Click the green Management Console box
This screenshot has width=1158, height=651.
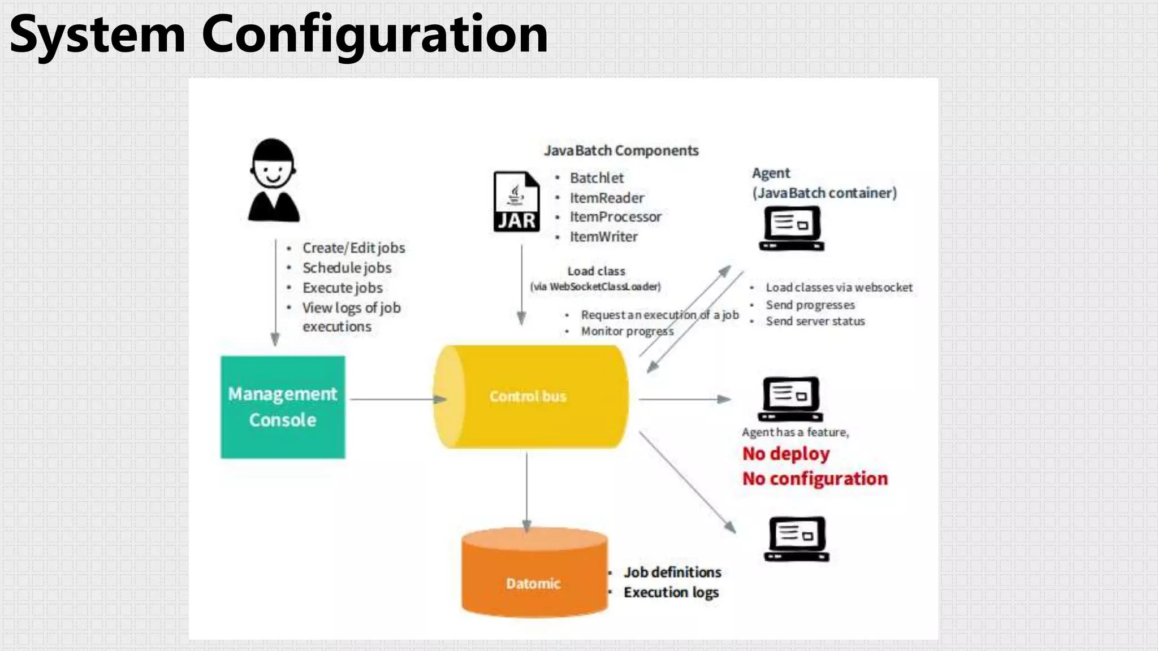(283, 407)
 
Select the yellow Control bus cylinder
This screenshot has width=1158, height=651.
(530, 397)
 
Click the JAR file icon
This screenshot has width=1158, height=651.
(516, 202)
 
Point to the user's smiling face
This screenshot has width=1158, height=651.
(273, 170)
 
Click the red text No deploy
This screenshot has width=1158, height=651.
(786, 454)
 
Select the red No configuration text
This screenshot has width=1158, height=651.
(815, 479)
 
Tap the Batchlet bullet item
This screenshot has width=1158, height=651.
(597, 178)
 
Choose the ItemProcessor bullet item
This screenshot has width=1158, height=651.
(615, 217)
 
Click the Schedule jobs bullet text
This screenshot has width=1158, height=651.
(347, 268)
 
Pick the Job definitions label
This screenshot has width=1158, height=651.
(672, 572)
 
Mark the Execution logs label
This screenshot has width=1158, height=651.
(671, 592)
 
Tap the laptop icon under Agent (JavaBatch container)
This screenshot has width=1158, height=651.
(792, 228)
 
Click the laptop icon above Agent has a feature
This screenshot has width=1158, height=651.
(790, 399)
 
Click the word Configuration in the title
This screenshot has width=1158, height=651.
(374, 34)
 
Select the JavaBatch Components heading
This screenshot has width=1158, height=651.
(621, 151)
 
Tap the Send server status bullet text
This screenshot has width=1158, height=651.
(815, 322)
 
